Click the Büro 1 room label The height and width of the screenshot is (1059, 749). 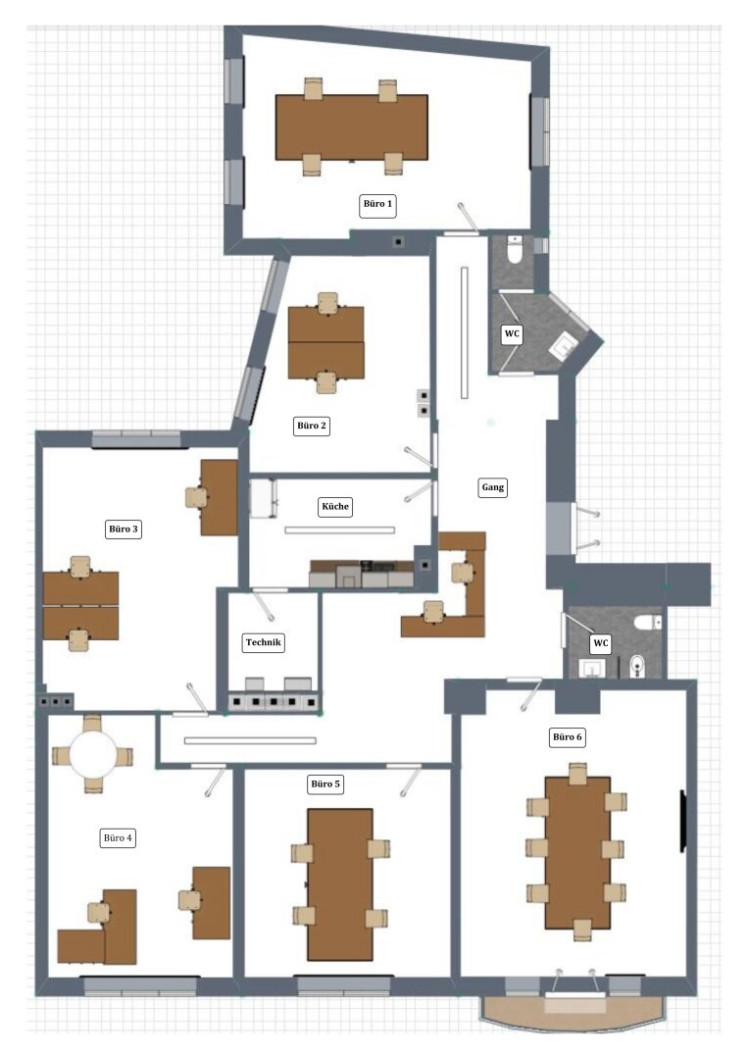tap(377, 204)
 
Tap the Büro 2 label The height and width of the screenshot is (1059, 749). tap(312, 426)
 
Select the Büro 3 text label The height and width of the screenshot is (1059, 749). tap(124, 529)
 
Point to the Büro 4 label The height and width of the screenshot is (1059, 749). tap(118, 838)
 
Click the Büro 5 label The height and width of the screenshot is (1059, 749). tap(325, 784)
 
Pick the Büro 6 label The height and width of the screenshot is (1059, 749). tap(568, 736)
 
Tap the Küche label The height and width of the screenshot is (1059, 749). tap(335, 507)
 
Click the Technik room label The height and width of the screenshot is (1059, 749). tap(264, 642)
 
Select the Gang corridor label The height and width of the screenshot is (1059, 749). tap(492, 487)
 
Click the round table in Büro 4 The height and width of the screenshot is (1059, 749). tap(92, 752)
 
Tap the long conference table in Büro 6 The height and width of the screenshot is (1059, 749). tap(577, 853)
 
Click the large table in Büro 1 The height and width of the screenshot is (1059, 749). tap(351, 126)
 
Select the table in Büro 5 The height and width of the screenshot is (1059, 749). tap(340, 884)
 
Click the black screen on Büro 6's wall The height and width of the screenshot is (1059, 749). tap(682, 822)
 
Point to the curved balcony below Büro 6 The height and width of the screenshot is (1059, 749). tap(574, 1014)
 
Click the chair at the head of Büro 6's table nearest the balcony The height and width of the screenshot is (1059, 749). tap(581, 930)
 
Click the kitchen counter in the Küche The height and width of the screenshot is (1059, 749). tap(362, 574)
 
